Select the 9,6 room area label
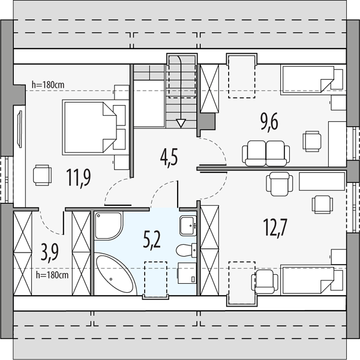pos(269,122)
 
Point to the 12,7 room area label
pos(275,227)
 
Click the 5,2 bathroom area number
pos(152,240)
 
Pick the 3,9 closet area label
pos(50,253)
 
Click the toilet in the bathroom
pos(186,250)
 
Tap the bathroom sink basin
pos(188,226)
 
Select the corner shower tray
pos(109,226)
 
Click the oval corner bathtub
pos(115,273)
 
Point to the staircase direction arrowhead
pos(181,123)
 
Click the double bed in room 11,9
pos(90,127)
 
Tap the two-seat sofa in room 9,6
pos(266,153)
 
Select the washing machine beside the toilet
pos(187,273)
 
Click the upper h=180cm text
pos(48,85)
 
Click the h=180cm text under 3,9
pos(52,275)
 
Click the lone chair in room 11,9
pos(42,175)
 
